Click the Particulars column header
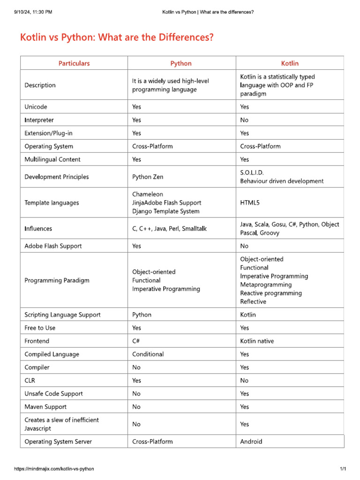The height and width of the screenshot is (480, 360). point(74,63)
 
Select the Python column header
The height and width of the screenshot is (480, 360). point(181,63)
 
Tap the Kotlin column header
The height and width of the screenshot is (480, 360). point(290,63)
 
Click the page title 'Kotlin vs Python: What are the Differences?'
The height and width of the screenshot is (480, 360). point(117,37)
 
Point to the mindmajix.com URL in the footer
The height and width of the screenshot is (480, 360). point(54,469)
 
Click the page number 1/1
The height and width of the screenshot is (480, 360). point(343,469)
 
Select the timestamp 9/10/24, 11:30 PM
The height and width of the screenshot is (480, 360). point(33,12)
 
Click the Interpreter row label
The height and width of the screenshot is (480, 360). point(39,120)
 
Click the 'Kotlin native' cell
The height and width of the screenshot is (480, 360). point(257,341)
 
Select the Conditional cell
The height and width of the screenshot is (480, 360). point(148,354)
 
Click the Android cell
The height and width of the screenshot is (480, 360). point(251,441)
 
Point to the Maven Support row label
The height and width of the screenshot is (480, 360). point(45,406)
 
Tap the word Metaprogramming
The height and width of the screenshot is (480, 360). point(266,285)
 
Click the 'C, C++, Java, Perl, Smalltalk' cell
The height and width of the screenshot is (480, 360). point(169,229)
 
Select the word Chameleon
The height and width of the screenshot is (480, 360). point(148,194)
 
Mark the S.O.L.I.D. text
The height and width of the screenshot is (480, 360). point(255,172)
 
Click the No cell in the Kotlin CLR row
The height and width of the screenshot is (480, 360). point(244,380)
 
